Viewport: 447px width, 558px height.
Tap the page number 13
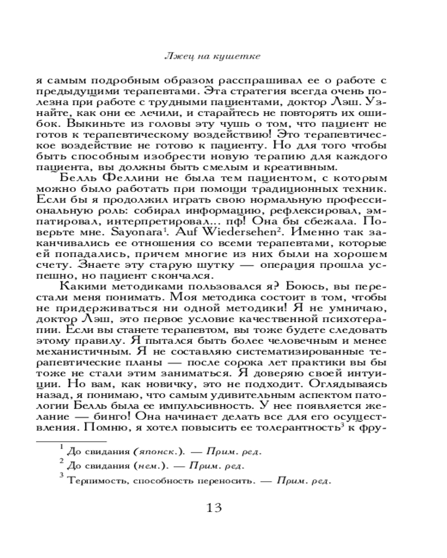coord(215,508)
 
